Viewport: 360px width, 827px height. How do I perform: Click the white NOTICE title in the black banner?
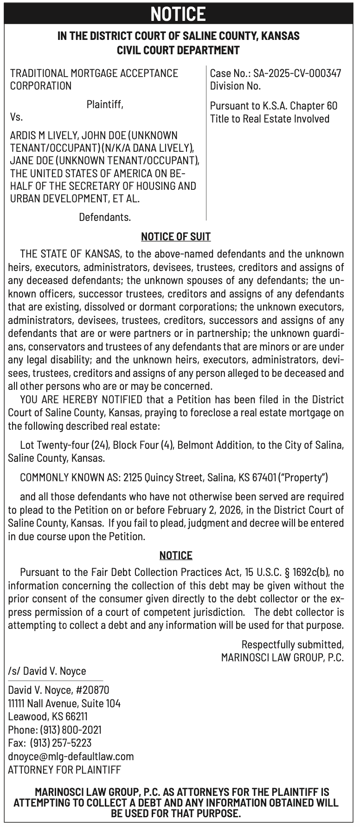[x=178, y=13]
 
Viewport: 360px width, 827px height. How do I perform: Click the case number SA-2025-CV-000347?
[x=297, y=73]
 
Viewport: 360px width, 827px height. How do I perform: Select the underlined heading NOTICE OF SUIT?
[x=176, y=237]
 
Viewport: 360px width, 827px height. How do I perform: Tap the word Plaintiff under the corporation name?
[x=105, y=105]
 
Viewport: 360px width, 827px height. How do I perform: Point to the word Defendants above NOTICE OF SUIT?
[x=105, y=217]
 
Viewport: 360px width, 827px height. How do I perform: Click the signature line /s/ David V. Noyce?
[x=47, y=671]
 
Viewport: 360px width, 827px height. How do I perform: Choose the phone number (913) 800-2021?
[x=71, y=730]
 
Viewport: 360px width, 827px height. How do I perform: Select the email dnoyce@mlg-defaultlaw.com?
[x=71, y=756]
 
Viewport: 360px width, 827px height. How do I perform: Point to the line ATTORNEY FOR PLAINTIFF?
[x=64, y=769]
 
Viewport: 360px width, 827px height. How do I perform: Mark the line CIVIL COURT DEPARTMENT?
[x=178, y=50]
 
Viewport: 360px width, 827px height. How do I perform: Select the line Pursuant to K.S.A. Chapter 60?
[x=274, y=106]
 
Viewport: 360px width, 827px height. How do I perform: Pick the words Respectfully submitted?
[x=292, y=645]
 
